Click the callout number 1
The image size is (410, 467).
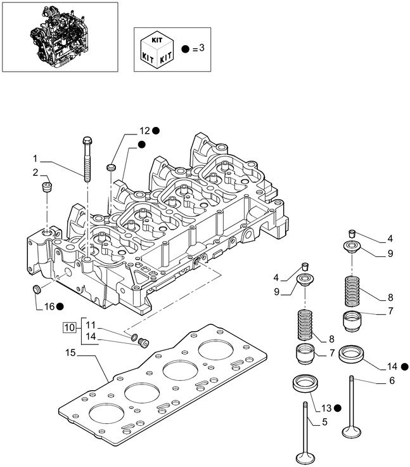tap(36, 157)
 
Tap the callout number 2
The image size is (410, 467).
tap(36, 173)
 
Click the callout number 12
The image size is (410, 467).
tap(144, 130)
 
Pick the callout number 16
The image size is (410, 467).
tap(48, 306)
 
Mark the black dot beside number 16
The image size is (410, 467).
tap(60, 306)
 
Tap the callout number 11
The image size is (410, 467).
tap(91, 324)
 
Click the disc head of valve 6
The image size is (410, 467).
tap(350, 433)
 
